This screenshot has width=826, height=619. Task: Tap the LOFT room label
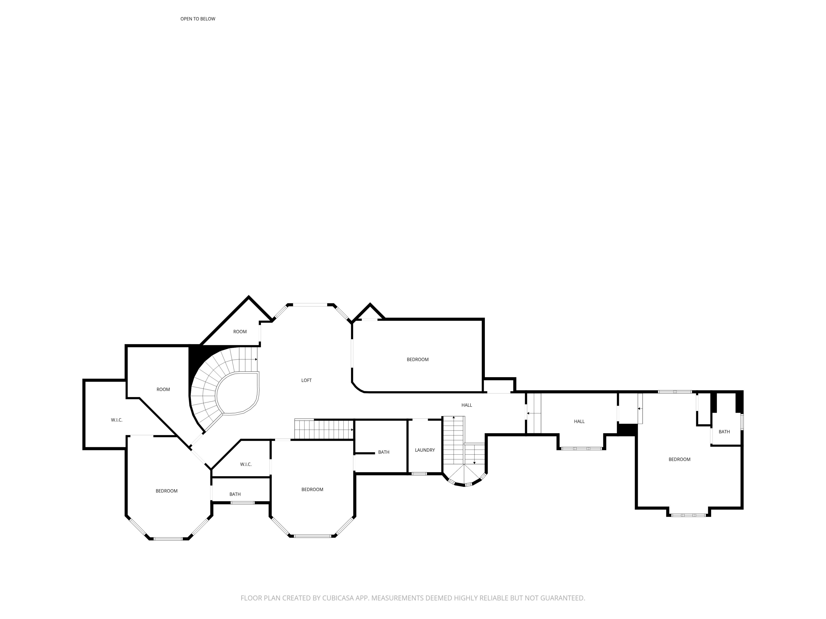tap(306, 380)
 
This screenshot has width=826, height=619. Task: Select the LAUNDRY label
tap(425, 450)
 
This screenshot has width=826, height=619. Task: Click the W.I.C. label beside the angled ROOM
tap(116, 420)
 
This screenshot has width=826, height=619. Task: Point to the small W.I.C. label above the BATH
tap(246, 464)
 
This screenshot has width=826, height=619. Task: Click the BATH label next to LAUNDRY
tap(384, 452)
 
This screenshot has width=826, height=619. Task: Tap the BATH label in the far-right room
tap(724, 431)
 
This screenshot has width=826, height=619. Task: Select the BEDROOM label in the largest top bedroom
tap(417, 359)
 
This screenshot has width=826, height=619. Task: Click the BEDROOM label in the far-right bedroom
tap(679, 459)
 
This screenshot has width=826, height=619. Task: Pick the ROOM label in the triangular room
tap(240, 331)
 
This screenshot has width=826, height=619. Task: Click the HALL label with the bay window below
tap(579, 421)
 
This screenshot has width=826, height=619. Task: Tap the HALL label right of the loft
tap(466, 405)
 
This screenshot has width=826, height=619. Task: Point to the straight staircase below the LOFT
tap(324, 429)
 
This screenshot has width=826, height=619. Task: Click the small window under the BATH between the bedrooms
tap(242, 503)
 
